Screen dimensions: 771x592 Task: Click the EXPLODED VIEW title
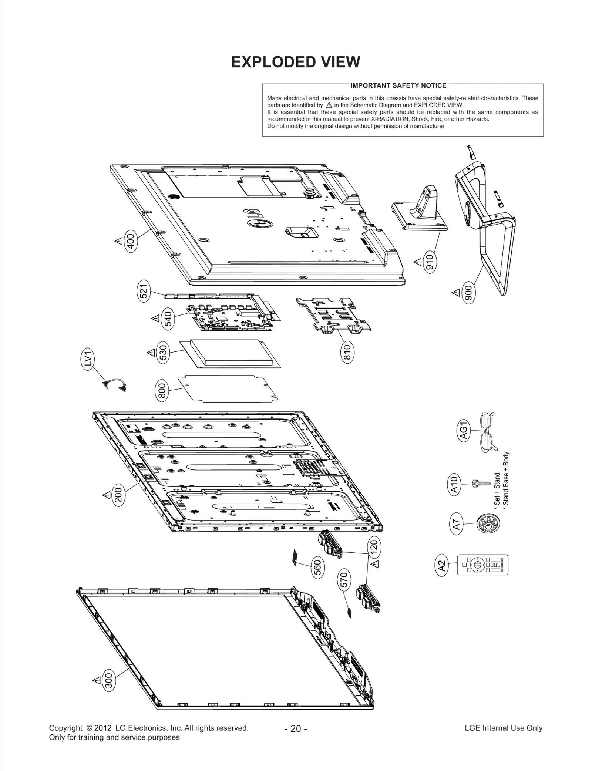[295, 62]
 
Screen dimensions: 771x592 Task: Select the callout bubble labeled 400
[131, 240]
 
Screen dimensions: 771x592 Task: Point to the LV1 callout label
[88, 360]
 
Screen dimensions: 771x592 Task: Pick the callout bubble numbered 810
[347, 352]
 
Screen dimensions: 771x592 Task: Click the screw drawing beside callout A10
[480, 483]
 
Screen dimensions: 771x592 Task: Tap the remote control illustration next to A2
[482, 565]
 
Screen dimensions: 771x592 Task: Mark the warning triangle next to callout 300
[97, 680]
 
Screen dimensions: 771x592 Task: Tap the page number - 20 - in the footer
[296, 728]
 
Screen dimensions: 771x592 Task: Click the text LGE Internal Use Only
[503, 728]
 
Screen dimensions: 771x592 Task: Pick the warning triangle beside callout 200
[106, 495]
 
